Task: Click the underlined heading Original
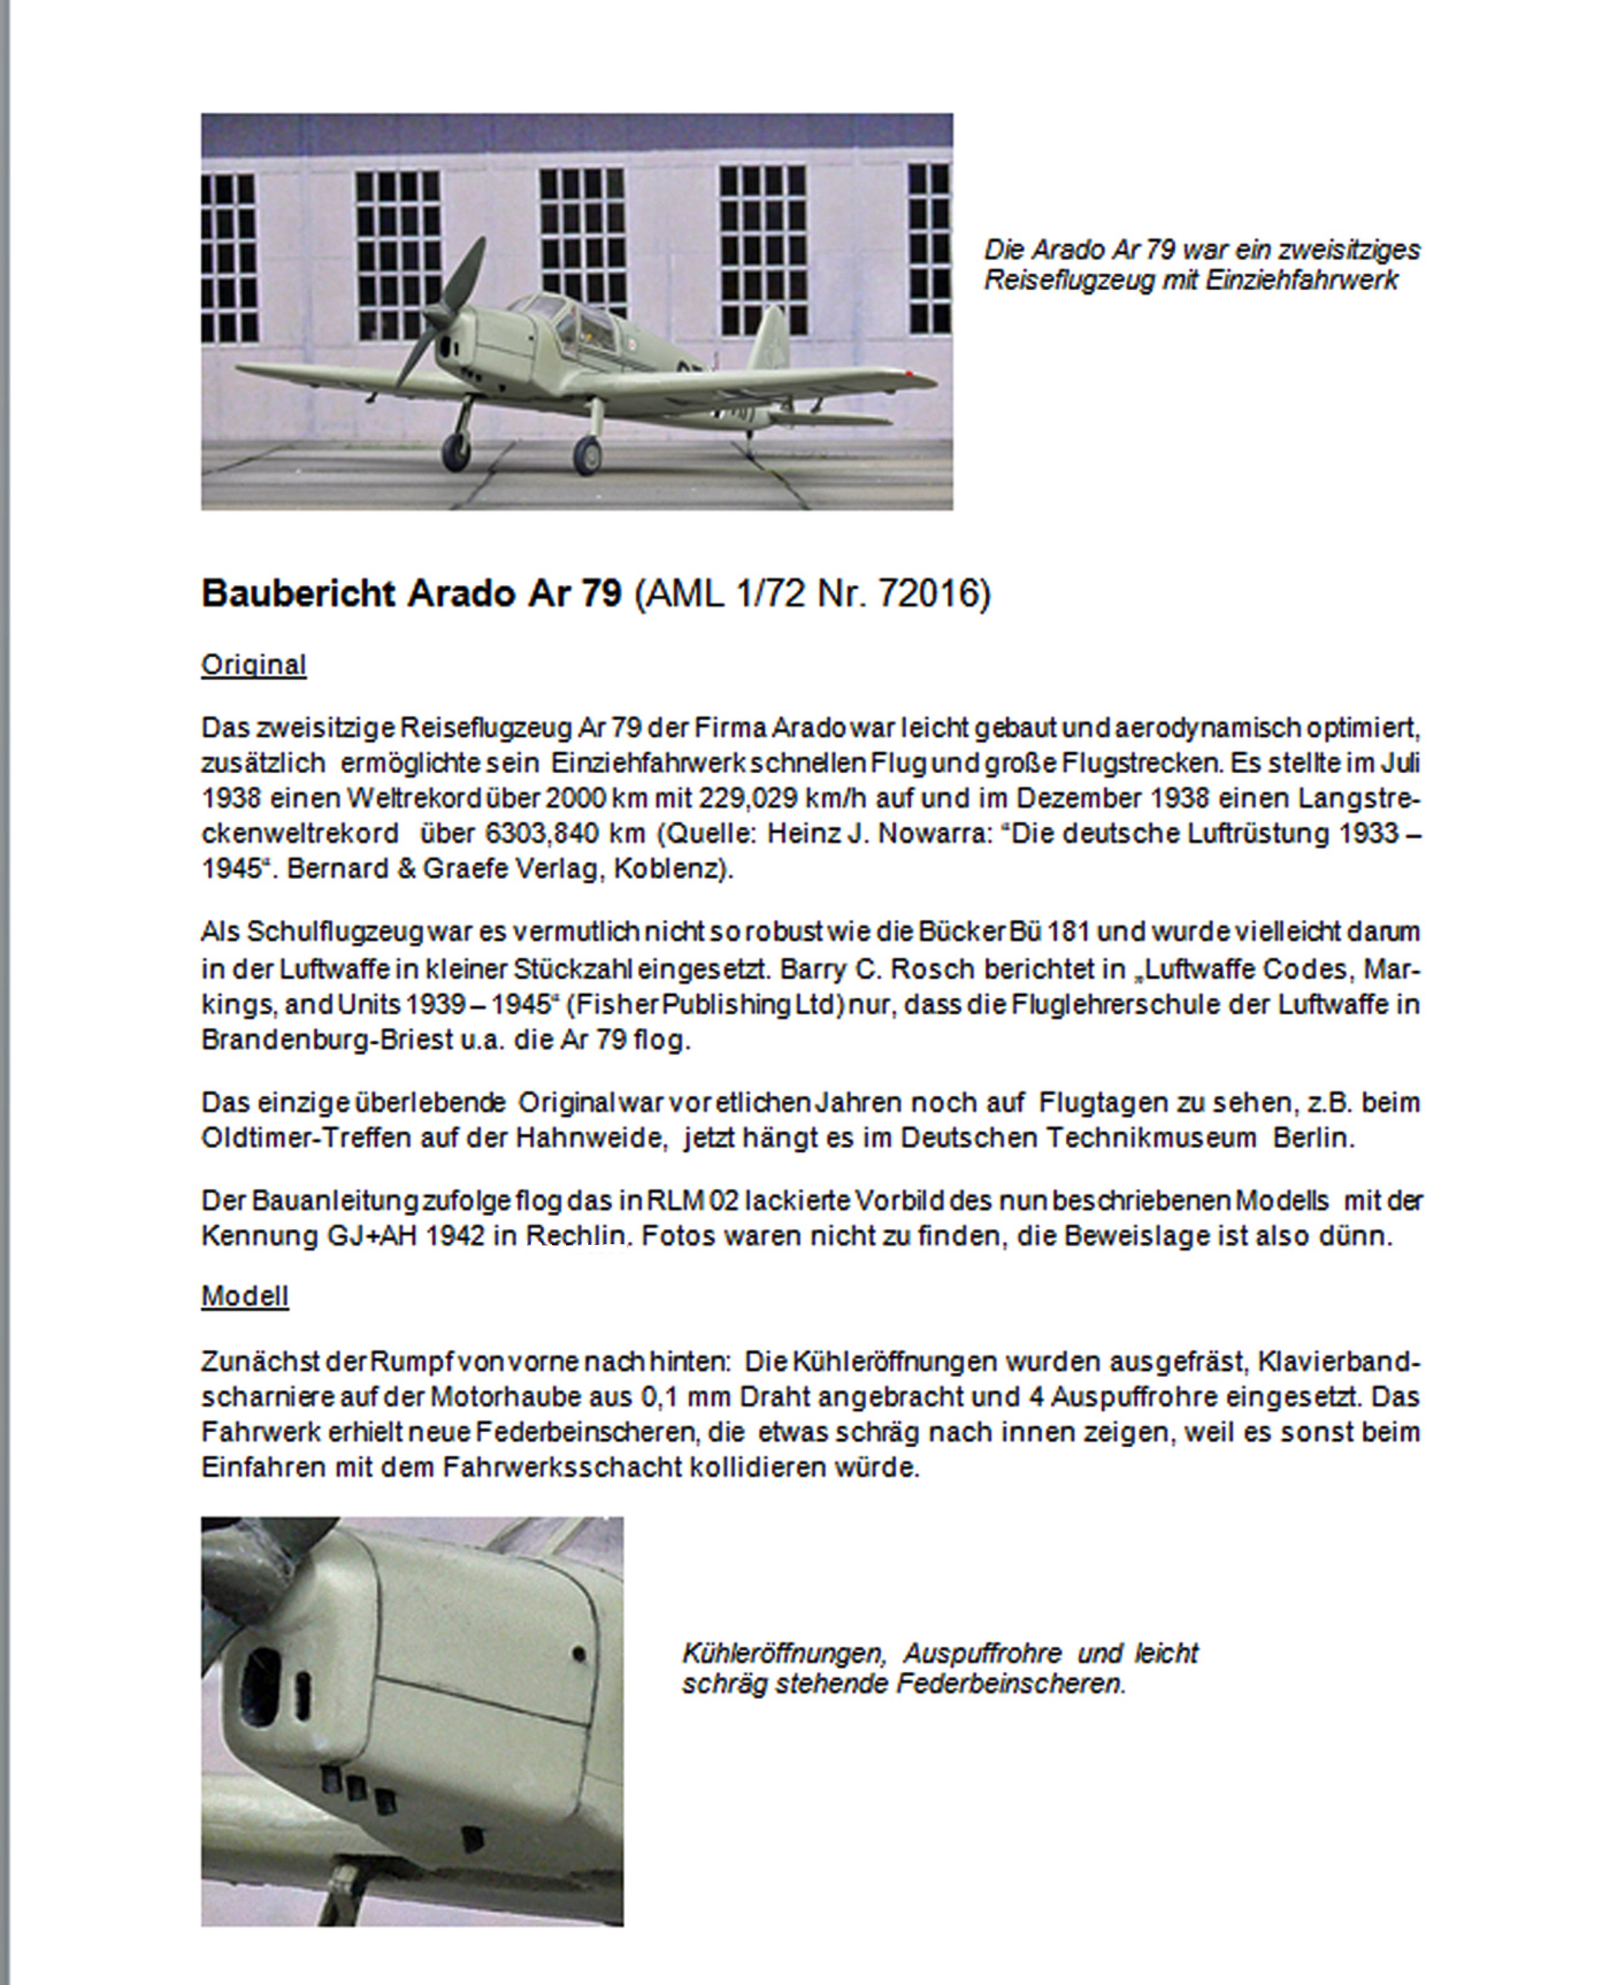click(x=253, y=665)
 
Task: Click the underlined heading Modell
click(x=245, y=1296)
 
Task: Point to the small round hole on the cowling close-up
click(x=578, y=1653)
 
